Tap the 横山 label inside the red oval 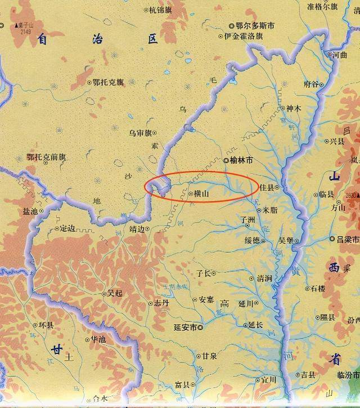[201, 193]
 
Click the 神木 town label [294, 109]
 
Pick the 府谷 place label [310, 84]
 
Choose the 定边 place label [67, 228]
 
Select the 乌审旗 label [141, 133]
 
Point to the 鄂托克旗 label [108, 82]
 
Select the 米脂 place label [269, 209]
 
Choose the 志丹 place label [161, 303]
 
